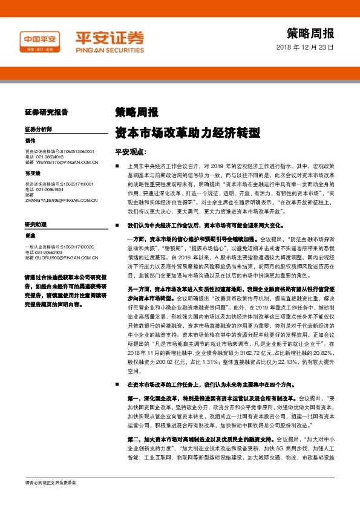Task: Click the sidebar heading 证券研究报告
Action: point(47,112)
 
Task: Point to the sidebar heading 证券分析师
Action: point(39,129)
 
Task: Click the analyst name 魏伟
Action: point(31,141)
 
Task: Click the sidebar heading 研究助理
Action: point(36,224)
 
